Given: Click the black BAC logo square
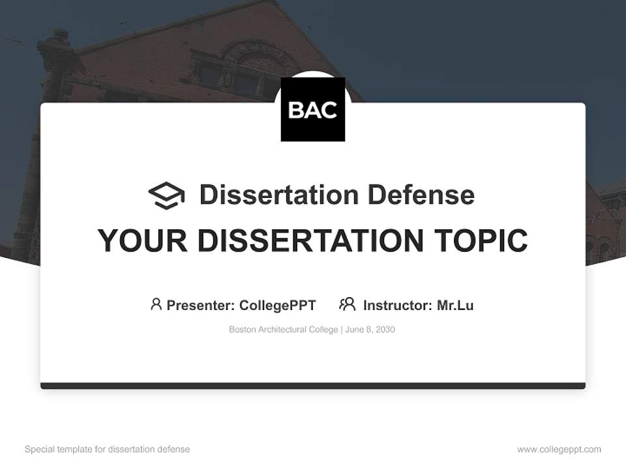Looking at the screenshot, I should click(312, 109).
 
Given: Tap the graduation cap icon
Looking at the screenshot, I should click(166, 195).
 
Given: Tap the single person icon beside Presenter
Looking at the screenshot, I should click(156, 304).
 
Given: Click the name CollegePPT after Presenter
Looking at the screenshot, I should click(277, 306).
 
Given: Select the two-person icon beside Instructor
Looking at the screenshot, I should click(347, 304).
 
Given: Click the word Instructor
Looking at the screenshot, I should click(397, 306).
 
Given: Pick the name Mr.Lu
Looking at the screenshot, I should click(455, 306).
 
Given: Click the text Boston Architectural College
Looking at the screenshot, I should click(283, 330).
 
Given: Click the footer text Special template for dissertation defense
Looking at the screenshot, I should click(108, 449).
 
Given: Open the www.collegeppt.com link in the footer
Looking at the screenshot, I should click(559, 449).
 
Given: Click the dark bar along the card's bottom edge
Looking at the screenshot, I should click(312, 386).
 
